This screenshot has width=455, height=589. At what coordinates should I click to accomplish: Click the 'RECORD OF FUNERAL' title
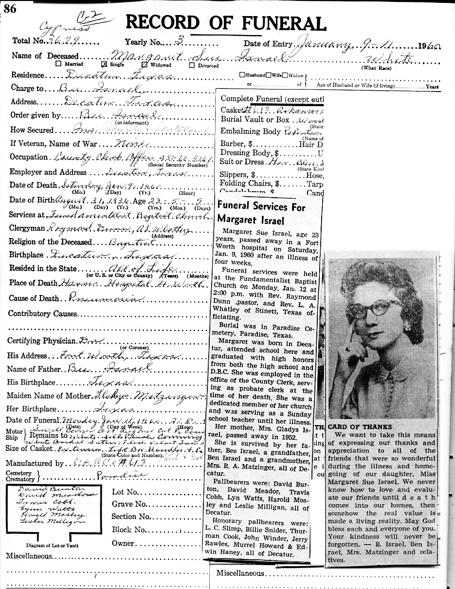[225, 23]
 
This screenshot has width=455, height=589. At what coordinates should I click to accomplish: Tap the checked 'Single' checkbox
[104, 64]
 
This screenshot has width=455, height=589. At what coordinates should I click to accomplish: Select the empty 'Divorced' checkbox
[192, 65]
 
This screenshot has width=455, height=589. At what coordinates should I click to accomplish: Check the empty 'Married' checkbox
[58, 64]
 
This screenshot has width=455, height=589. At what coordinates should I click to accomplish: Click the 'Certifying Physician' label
[42, 341]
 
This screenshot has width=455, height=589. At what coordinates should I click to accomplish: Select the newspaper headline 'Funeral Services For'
[261, 206]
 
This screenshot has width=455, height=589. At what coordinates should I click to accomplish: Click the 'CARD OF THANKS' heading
[360, 427]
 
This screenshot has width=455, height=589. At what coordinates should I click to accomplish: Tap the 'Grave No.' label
[129, 504]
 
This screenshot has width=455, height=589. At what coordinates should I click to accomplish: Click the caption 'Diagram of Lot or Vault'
[52, 546]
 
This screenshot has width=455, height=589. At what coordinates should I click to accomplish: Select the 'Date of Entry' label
[268, 44]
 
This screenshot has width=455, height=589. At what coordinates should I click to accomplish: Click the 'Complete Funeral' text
[251, 98]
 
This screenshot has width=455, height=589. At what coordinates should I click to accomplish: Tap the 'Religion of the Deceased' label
[50, 242]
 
